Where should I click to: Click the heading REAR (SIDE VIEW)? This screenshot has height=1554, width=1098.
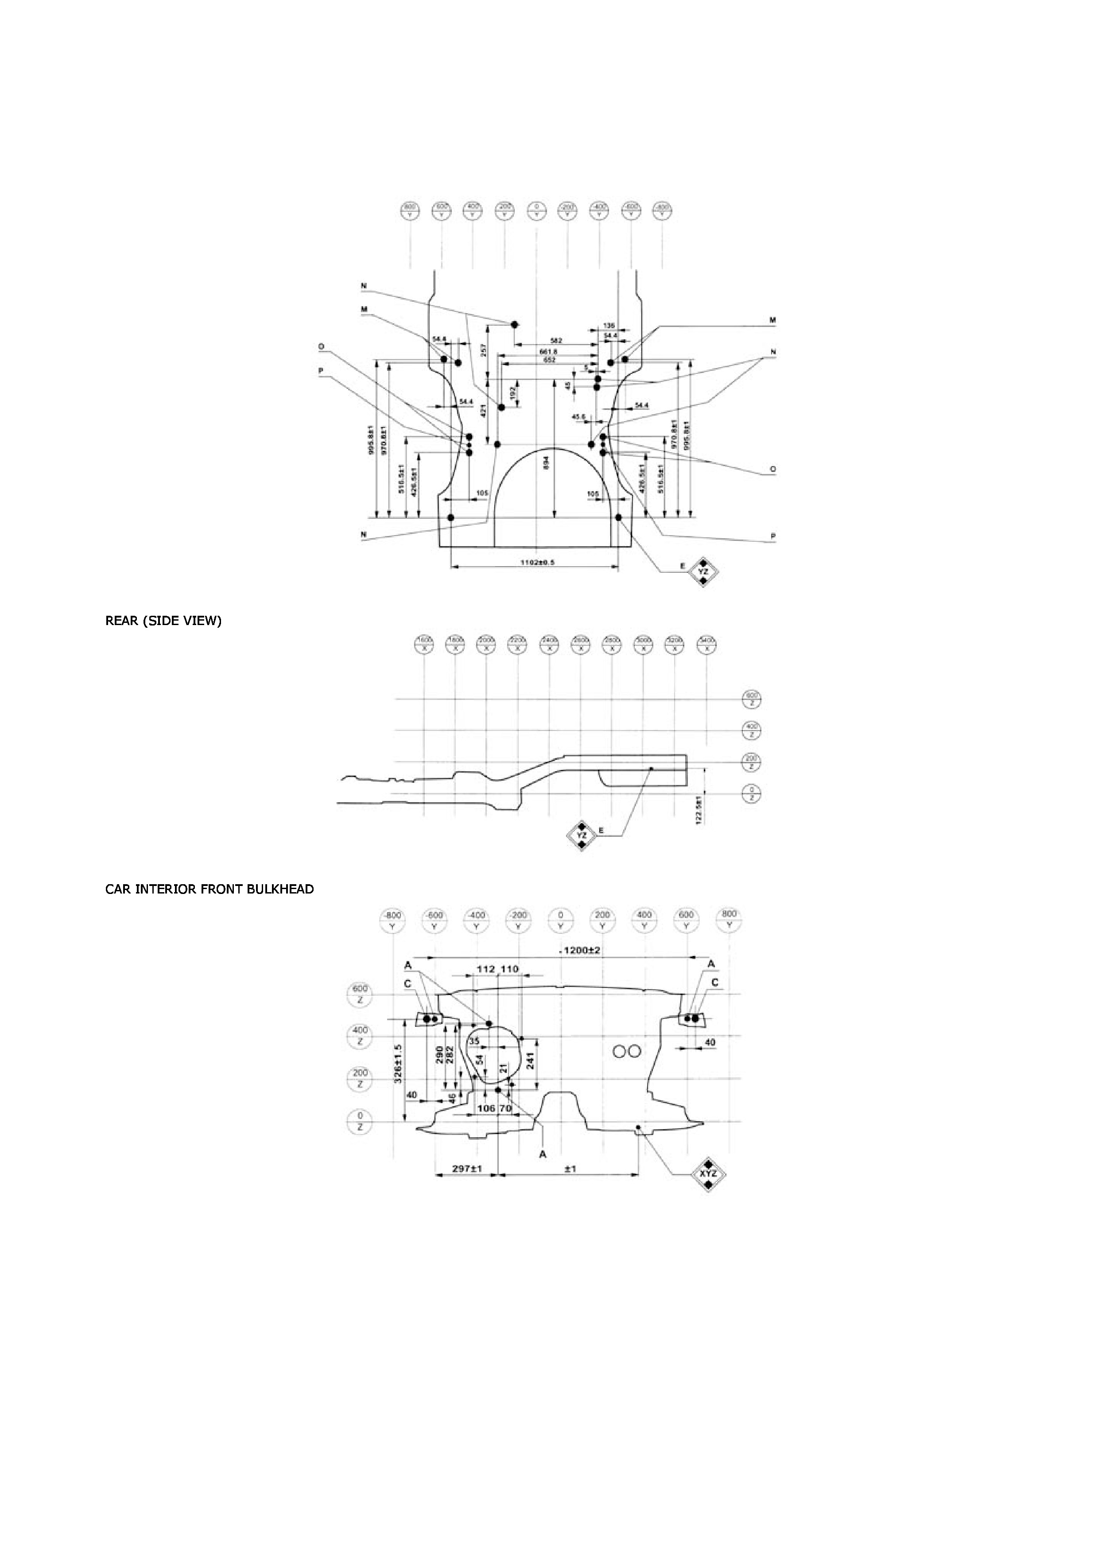163,621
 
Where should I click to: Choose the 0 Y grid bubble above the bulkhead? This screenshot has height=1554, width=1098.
560,919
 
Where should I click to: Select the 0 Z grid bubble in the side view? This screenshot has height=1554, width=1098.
750,793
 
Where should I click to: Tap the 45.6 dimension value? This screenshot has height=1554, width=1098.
578,416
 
